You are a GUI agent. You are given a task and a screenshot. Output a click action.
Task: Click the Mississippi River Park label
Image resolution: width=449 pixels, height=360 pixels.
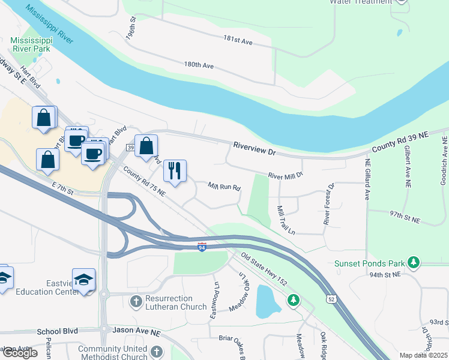point(30,45)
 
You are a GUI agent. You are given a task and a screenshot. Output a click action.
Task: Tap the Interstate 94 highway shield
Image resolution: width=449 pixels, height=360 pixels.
point(202,247)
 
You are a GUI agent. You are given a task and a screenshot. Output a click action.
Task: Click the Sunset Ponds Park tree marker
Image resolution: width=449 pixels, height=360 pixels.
point(413,262)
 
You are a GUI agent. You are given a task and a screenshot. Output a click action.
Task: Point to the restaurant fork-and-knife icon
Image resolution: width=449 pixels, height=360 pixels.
point(175,170)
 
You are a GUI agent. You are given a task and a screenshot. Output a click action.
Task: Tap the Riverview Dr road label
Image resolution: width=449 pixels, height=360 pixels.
point(255,149)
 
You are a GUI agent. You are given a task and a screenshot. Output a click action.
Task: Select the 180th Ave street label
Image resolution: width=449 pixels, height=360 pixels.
point(199,65)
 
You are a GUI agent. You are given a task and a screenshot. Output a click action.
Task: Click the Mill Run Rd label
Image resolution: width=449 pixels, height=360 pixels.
point(224,187)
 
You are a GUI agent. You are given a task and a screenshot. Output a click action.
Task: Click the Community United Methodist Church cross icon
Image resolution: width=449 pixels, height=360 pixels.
point(156,352)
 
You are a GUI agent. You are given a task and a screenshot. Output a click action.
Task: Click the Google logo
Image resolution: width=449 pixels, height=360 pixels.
point(20,353)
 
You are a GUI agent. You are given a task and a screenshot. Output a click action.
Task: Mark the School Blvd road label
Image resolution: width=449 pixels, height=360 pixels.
point(58,331)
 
